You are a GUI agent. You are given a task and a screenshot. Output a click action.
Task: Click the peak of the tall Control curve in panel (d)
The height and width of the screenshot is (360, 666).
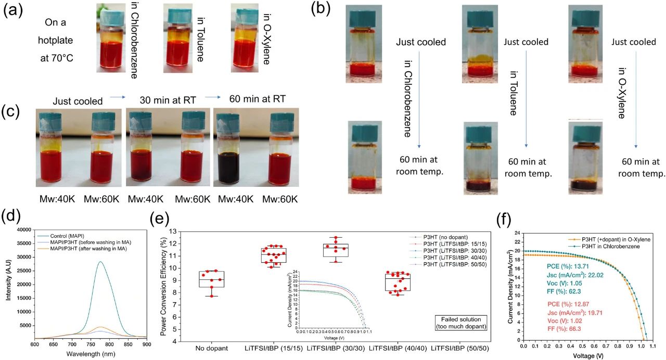(99, 262)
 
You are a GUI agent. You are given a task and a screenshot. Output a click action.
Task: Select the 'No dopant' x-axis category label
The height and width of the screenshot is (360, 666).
(211, 347)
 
